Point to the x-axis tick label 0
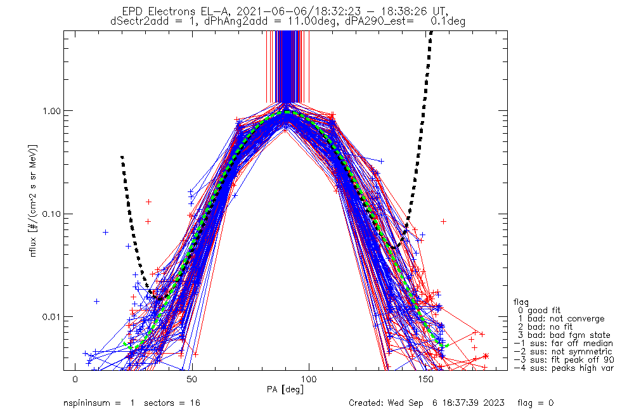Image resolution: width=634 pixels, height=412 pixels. [x=75, y=379]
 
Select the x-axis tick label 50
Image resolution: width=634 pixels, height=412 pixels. [x=192, y=379]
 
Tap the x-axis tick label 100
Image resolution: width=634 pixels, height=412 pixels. [x=309, y=379]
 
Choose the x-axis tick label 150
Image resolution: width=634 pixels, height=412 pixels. [x=426, y=379]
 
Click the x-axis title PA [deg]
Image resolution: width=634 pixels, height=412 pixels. [x=285, y=389]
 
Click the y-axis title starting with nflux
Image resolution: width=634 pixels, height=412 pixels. [x=33, y=200]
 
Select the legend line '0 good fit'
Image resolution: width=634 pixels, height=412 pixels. [x=539, y=311]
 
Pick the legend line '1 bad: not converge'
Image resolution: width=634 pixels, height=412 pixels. [x=561, y=319]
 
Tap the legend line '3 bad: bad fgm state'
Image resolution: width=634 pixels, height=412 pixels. [x=564, y=335]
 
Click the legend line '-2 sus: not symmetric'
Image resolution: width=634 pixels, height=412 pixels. [x=563, y=352]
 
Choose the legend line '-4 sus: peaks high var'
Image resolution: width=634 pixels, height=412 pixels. [x=564, y=368]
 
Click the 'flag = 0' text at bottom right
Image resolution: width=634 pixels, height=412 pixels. [x=535, y=403]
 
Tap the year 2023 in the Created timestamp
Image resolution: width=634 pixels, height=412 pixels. [x=494, y=403]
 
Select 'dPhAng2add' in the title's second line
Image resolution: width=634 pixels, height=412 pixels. [x=236, y=21]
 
